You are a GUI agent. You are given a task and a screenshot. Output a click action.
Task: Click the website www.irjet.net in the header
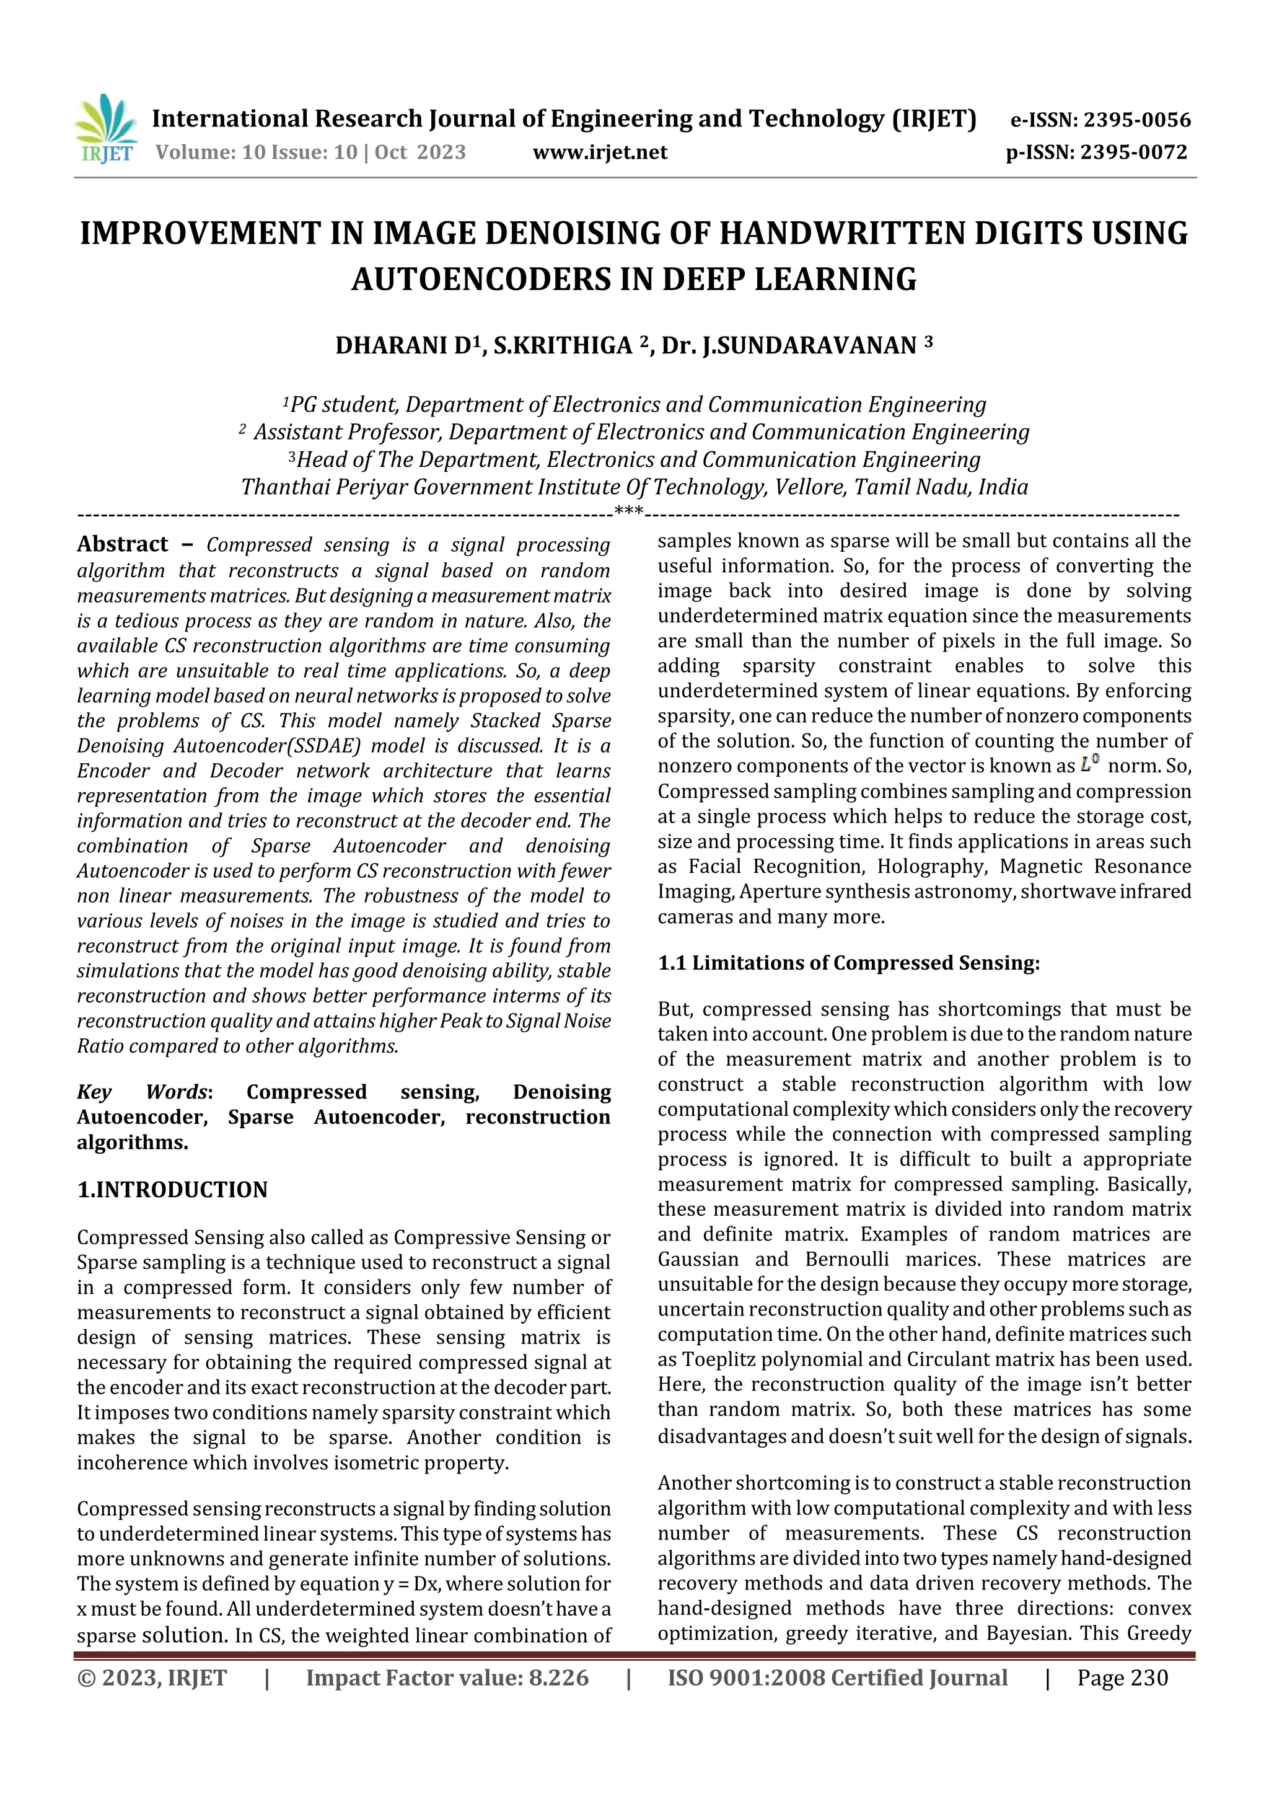[x=600, y=152]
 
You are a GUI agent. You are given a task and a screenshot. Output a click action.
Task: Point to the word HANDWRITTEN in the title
[x=866, y=233]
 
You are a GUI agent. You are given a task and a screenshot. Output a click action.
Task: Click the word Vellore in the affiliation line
[x=809, y=487]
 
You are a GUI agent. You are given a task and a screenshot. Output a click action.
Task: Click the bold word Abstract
[x=123, y=544]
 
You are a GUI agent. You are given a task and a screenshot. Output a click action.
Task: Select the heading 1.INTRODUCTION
[x=172, y=1190]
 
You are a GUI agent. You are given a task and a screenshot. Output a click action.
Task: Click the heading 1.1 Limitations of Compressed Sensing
[x=848, y=963]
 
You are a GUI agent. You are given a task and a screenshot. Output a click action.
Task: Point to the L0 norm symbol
[x=1090, y=764]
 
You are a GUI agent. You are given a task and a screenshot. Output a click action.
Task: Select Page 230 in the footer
[x=1122, y=1678]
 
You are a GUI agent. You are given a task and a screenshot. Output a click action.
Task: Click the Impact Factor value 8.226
[x=558, y=1678]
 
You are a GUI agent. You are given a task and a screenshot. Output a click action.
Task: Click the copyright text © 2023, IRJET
[x=152, y=1678]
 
